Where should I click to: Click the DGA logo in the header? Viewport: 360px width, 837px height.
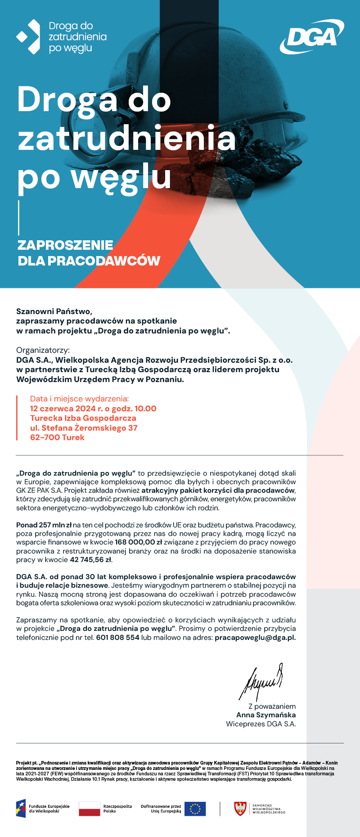[312, 36]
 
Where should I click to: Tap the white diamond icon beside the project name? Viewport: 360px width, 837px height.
[28, 37]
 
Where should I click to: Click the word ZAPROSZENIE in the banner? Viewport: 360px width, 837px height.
[65, 245]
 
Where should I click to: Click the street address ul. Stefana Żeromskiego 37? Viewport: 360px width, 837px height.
[84, 428]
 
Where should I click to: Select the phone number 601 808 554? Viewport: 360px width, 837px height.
[117, 638]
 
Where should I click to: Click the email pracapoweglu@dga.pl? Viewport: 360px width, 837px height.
[255, 638]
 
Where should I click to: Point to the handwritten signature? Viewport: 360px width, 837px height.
[263, 682]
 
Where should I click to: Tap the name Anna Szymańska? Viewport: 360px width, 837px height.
[266, 715]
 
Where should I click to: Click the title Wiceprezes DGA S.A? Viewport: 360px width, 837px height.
[261, 724]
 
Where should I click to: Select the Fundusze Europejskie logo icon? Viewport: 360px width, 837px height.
[21, 809]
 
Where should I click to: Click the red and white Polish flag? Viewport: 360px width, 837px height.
[89, 809]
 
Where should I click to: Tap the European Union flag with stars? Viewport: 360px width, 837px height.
[195, 809]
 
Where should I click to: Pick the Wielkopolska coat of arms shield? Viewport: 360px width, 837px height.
[241, 809]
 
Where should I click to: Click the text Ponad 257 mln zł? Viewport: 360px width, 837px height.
[44, 525]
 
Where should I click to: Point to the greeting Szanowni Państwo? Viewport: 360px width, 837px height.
[54, 311]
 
